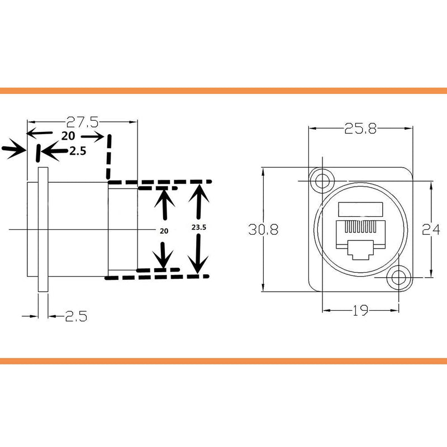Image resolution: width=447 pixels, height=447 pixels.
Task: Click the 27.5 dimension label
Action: click(82, 122)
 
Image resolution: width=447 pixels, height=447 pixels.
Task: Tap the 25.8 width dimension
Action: click(360, 129)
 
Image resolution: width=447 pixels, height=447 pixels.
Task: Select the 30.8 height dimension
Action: click(263, 230)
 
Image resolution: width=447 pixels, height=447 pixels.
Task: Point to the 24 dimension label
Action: click(431, 230)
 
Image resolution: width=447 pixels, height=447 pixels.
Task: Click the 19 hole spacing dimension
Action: click(360, 311)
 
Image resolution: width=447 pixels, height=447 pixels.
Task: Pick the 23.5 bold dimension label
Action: click(199, 227)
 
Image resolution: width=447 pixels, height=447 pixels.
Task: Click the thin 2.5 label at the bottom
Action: click(76, 316)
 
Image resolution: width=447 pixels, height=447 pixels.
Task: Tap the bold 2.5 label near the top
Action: click(78, 151)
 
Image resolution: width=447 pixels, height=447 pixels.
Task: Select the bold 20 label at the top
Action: click(68, 136)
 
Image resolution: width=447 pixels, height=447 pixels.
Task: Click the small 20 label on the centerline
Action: click(164, 231)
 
